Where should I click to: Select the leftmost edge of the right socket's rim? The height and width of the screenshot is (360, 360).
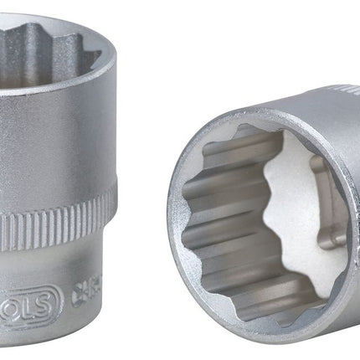[171, 209]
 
